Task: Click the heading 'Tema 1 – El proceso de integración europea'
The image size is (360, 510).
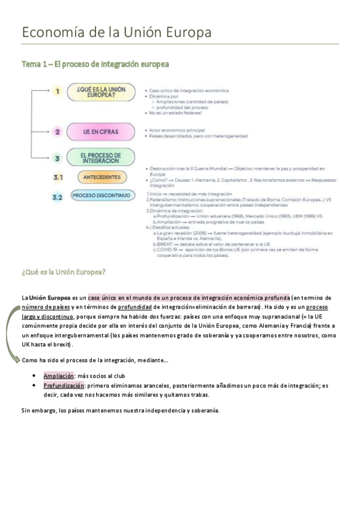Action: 95,63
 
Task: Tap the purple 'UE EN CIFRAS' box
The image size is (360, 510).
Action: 101,131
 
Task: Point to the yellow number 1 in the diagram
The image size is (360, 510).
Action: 58,92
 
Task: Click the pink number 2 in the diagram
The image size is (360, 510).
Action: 57,131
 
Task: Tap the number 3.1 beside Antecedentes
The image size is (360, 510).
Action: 58,177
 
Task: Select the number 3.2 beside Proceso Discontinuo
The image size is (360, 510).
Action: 58,197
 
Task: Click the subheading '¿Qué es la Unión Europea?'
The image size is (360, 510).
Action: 64,272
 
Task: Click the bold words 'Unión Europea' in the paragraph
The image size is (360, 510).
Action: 50,297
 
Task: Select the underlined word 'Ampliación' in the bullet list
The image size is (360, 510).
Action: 59,375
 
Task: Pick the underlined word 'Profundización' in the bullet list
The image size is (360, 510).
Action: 64,386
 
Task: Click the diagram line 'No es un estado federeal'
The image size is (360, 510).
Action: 175,113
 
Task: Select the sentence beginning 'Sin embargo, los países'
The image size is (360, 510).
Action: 120,411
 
